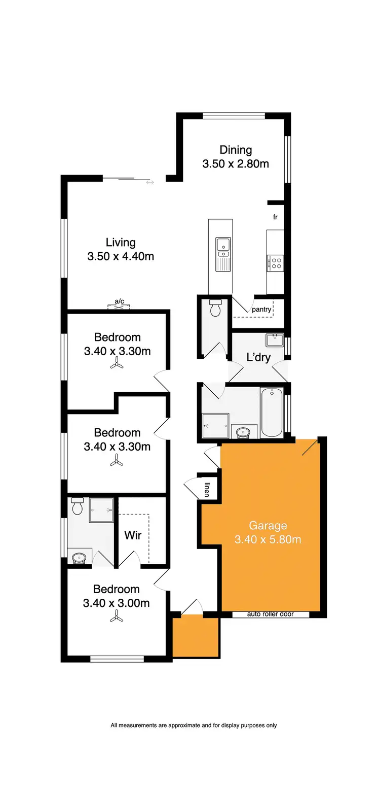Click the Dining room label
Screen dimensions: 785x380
(236, 150)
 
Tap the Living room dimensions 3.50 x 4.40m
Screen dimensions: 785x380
(121, 256)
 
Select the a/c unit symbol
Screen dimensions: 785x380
(119, 305)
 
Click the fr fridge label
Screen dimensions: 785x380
(275, 217)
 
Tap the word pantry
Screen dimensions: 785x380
(261, 309)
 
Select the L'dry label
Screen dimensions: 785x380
(258, 357)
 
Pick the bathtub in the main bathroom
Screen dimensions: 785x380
(272, 412)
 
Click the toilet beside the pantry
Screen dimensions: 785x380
(215, 308)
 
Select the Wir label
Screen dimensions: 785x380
(133, 535)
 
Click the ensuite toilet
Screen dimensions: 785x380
(78, 505)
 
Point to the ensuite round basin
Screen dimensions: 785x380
(79, 558)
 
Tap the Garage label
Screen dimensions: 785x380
(268, 526)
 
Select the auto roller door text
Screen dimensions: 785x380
(271, 614)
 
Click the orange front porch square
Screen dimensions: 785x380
(196, 637)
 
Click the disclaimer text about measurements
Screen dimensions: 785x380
(194, 725)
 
